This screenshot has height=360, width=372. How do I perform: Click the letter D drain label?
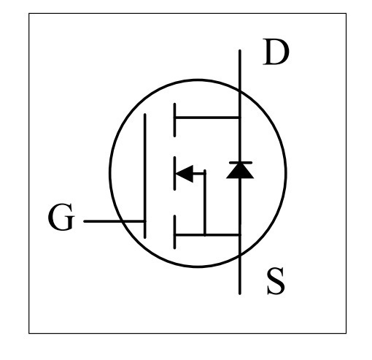276,52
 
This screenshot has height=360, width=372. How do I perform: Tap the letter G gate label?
61,217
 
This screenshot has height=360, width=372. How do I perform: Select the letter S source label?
276,281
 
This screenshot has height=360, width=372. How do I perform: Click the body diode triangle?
240,171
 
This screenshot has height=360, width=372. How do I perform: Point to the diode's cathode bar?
241,162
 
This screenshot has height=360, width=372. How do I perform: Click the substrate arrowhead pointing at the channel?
185,174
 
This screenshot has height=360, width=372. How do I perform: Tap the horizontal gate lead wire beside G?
115,221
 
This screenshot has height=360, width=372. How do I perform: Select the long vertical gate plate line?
145,176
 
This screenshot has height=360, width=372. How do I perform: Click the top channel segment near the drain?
174,120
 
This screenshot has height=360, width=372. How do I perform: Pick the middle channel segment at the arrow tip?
174,173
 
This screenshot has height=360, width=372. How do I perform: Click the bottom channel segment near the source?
174,232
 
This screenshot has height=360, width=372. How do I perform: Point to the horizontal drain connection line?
207,118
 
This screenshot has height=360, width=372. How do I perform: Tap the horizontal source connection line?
207,235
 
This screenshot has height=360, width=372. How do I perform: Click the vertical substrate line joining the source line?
205,203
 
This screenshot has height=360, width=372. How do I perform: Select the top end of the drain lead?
240,50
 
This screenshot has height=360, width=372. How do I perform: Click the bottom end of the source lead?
240,294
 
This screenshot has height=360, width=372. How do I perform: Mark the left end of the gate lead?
85,221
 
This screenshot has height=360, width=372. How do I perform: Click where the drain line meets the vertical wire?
240,118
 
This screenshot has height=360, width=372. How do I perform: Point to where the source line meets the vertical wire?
240,235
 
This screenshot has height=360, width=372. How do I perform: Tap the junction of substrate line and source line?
205,235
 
